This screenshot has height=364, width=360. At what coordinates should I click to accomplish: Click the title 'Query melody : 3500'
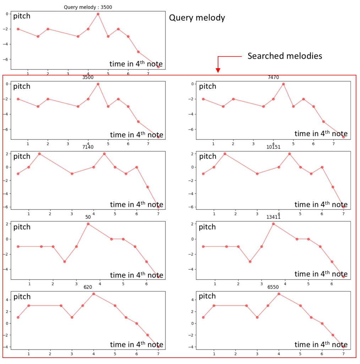point(88,7)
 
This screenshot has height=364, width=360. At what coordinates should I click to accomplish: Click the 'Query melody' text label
point(197,18)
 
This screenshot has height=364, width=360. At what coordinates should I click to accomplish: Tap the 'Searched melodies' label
point(285,56)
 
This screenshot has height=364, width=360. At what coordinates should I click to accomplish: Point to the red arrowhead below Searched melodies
point(218,70)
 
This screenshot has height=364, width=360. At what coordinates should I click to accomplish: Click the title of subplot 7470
point(273,77)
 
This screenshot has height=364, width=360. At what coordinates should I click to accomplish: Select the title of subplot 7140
point(88,147)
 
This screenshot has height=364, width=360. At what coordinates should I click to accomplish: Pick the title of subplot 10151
point(273,147)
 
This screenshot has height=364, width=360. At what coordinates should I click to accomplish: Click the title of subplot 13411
point(273,217)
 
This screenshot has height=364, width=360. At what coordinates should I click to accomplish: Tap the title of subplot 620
point(88,287)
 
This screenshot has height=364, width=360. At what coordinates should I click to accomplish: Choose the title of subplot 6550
point(273,287)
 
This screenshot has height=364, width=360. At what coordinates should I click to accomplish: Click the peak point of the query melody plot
point(98,14)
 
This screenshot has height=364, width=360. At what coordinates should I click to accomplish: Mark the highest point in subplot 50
point(88,224)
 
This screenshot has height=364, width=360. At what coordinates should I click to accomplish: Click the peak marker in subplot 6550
point(279,294)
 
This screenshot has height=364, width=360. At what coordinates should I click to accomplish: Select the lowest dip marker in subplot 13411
point(250,262)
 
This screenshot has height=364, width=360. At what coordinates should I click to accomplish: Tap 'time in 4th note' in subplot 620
point(136,344)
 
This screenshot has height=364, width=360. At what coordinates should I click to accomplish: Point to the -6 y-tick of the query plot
point(9,59)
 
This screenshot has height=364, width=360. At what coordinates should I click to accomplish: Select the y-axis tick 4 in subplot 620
point(9,300)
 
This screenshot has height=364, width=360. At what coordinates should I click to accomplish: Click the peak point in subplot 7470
point(283,84)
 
